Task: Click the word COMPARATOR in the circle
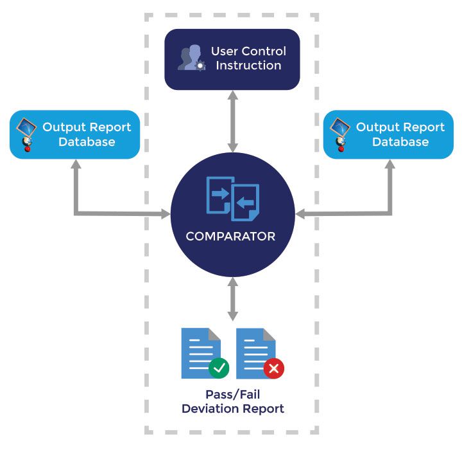tap(230, 237)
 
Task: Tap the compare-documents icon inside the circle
tap(232, 197)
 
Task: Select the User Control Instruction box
tap(232, 59)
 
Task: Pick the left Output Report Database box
tap(74, 134)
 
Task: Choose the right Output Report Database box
tap(388, 134)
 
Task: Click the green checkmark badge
tap(219, 368)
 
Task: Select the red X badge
tap(274, 368)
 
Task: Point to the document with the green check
tap(200, 352)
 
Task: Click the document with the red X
tap(255, 352)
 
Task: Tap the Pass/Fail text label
tap(232, 395)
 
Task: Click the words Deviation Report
tap(232, 409)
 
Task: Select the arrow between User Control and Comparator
tap(232, 122)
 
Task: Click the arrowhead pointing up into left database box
tap(76, 165)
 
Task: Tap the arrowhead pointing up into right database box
tap(389, 165)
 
